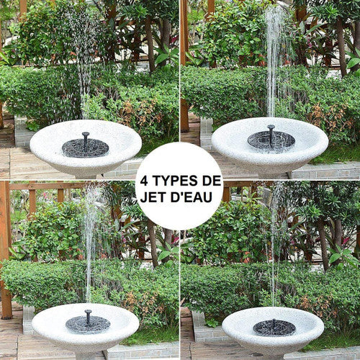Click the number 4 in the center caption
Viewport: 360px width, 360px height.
143,181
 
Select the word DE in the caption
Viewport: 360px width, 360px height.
212,181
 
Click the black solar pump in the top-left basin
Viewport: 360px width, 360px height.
86,147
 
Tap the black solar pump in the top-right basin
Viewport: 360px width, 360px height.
271,139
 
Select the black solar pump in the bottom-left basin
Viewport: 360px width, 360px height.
88,323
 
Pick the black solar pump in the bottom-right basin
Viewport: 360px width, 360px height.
274,328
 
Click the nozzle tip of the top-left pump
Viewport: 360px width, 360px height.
86,133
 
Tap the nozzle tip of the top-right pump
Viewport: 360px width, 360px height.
271,126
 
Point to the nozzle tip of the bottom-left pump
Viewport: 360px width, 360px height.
88,312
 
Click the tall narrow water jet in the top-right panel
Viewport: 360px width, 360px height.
274,63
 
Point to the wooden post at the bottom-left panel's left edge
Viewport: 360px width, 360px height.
5,250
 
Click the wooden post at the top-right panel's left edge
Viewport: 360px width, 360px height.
184,67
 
